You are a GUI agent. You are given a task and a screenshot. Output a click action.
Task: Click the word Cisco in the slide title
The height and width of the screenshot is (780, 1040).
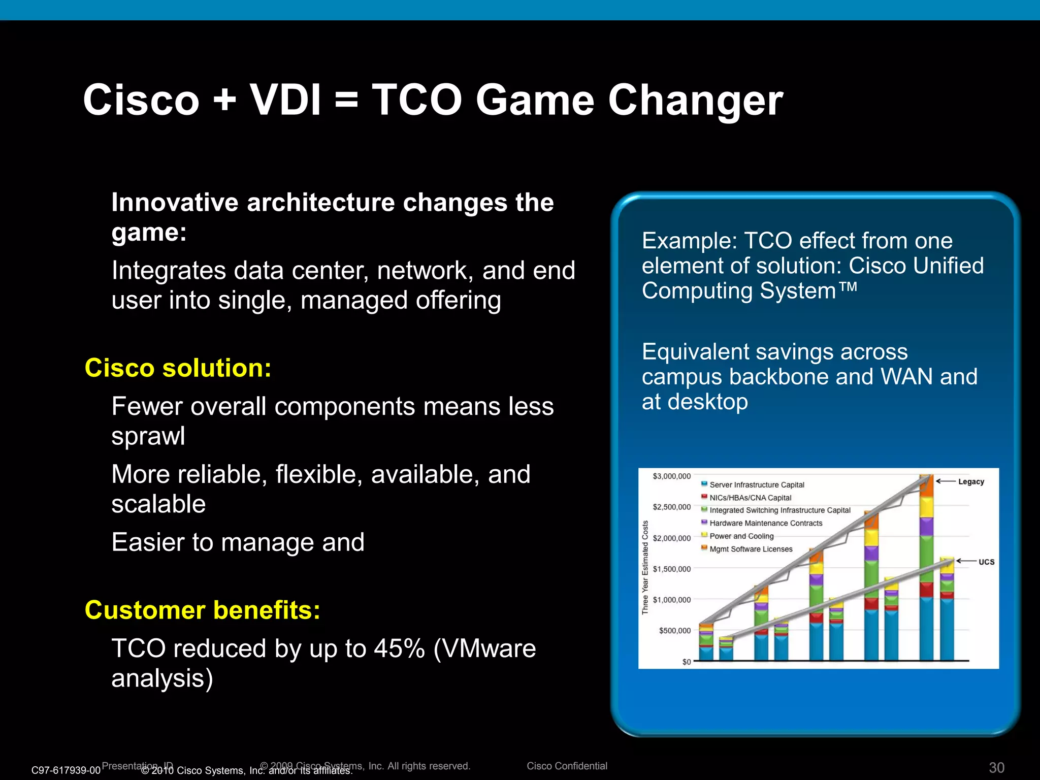141,100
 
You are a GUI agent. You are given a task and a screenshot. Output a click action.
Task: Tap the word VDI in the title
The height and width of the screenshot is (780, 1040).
285,100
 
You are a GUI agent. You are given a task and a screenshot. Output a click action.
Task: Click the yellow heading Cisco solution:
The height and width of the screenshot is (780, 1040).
178,368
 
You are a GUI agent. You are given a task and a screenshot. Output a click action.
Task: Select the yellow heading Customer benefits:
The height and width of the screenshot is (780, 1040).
203,610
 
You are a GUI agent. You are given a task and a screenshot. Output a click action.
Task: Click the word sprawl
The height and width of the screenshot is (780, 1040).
148,436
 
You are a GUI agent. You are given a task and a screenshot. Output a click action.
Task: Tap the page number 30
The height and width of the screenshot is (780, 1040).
996,767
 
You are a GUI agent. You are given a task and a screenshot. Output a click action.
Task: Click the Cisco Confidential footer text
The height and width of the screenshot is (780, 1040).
567,766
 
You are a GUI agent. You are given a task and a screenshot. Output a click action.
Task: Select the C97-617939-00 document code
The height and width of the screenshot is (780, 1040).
66,770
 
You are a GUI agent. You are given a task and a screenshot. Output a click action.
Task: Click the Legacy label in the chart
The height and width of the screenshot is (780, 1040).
971,481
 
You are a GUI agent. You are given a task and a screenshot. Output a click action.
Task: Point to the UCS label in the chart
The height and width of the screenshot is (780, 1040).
986,562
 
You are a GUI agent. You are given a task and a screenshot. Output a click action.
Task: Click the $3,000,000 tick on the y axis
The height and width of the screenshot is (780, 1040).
671,476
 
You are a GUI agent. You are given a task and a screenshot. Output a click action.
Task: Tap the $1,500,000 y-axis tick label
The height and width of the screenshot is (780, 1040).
671,569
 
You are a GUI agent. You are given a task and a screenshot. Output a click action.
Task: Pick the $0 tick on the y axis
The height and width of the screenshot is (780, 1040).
686,662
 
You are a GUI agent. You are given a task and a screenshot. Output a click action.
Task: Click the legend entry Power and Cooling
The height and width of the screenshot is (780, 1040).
741,536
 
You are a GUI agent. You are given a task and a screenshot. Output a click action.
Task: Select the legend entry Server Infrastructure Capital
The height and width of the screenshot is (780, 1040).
756,485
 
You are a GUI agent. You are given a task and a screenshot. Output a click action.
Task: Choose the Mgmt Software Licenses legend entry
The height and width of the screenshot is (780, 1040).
751,549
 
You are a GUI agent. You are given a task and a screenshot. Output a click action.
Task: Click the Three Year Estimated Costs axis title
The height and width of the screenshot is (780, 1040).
645,567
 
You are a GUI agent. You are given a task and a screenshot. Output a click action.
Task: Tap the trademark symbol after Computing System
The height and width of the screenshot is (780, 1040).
848,287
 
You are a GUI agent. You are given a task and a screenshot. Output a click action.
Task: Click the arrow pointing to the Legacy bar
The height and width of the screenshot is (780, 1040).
946,481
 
